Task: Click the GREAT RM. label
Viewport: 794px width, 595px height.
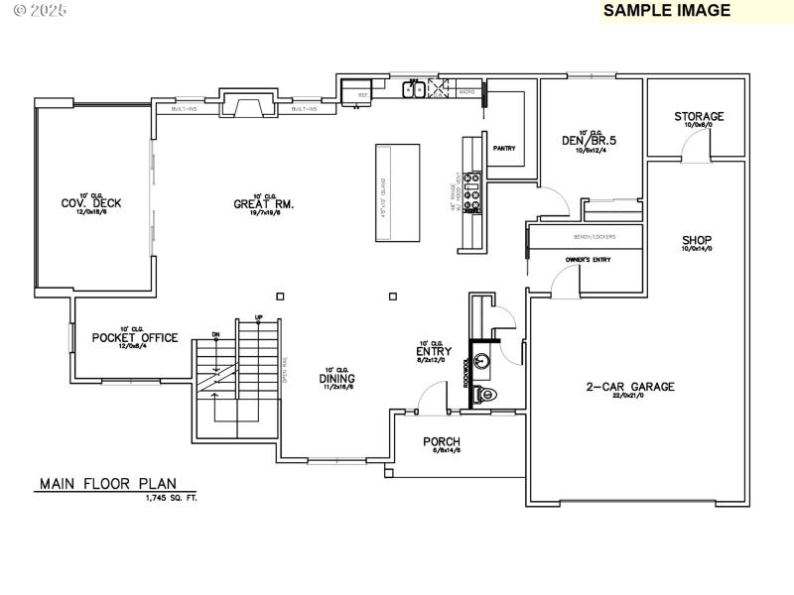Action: click(263, 204)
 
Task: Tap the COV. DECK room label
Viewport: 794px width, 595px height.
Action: click(91, 203)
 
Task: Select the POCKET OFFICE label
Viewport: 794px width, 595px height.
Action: click(135, 337)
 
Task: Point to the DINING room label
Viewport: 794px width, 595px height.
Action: click(337, 378)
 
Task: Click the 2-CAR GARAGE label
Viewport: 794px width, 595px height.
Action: click(629, 387)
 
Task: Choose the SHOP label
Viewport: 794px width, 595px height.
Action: click(697, 241)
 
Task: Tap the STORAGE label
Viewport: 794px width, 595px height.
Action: click(699, 116)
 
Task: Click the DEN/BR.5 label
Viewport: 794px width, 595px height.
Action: click(590, 141)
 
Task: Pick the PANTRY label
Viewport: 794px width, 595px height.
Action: click(504, 148)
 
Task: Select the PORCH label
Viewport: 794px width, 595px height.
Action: click(442, 441)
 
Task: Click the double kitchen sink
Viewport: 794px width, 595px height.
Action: click(414, 90)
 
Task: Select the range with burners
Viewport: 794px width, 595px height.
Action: click(473, 192)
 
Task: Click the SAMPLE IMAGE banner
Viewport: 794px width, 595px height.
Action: click(667, 11)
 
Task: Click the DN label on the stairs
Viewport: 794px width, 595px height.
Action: click(215, 335)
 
